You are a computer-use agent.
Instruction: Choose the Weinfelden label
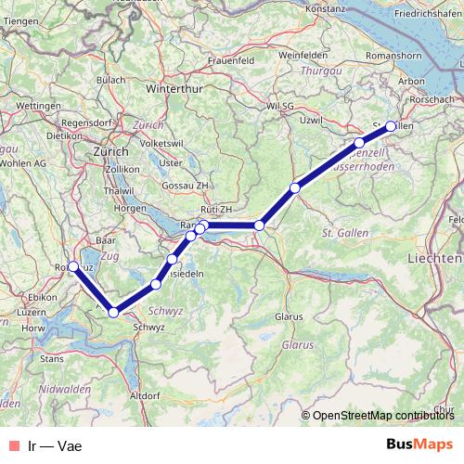click(x=303, y=56)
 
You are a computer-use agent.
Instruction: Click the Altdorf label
click(x=146, y=396)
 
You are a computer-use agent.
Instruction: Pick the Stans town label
click(x=52, y=356)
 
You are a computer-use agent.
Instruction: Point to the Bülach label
click(x=111, y=80)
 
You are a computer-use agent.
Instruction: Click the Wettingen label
click(x=38, y=107)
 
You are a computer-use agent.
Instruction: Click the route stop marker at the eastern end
click(x=392, y=126)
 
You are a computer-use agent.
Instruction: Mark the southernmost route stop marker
click(x=113, y=312)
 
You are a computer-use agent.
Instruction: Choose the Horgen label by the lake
click(x=129, y=208)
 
